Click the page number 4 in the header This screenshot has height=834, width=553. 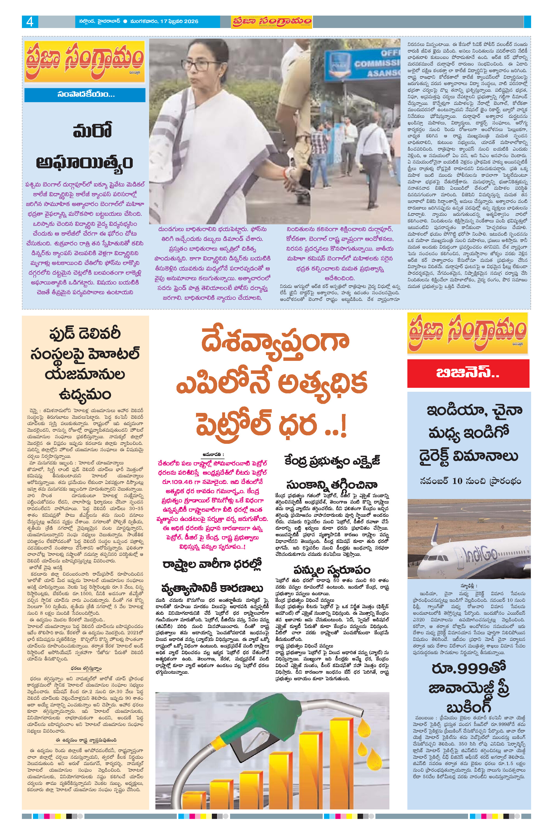pyautogui.click(x=30, y=22)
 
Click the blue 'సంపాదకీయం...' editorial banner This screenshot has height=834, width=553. pyautogui.click(x=85, y=95)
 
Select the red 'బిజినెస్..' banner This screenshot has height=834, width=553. pyautogui.click(x=468, y=373)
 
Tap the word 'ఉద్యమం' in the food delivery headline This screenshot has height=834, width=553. pyautogui.click(x=85, y=394)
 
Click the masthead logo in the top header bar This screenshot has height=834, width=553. pyautogui.click(x=271, y=22)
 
